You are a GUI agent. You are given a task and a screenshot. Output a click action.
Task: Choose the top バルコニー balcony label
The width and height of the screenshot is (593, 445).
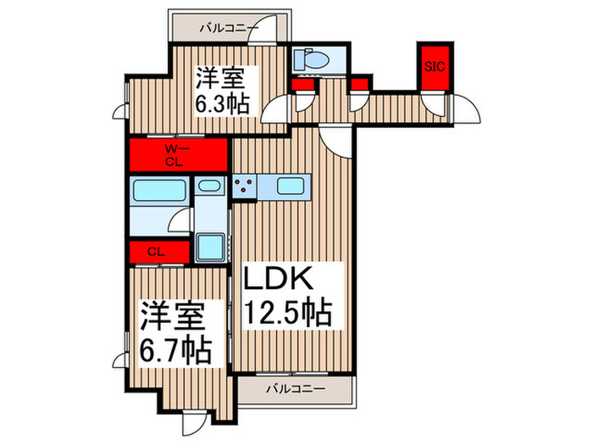pos(228,29)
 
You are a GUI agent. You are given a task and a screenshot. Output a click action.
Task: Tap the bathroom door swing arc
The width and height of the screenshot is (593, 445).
pos(179,222)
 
